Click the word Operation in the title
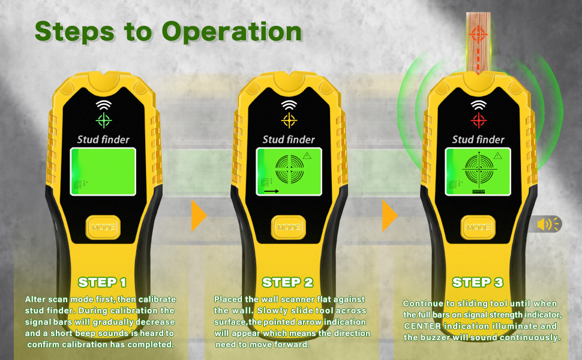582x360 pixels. click(x=232, y=32)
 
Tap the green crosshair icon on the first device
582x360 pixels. click(x=104, y=120)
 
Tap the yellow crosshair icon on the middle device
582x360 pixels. click(x=289, y=120)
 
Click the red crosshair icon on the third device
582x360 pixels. click(x=478, y=120)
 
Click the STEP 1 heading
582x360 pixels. click(x=102, y=283)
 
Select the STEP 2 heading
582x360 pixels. click(x=287, y=283)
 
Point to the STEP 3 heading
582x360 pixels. click(x=478, y=283)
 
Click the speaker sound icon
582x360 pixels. click(x=548, y=224)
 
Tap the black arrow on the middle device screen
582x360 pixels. click(x=271, y=191)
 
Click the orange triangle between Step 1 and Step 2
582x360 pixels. click(x=199, y=215)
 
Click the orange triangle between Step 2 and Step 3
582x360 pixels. click(x=390, y=215)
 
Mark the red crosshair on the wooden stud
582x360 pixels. click(x=478, y=35)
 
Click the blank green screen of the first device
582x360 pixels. click(x=103, y=172)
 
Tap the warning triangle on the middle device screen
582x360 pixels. click(x=307, y=156)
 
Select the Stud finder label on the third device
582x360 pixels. click(x=478, y=140)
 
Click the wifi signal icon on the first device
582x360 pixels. click(x=104, y=105)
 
